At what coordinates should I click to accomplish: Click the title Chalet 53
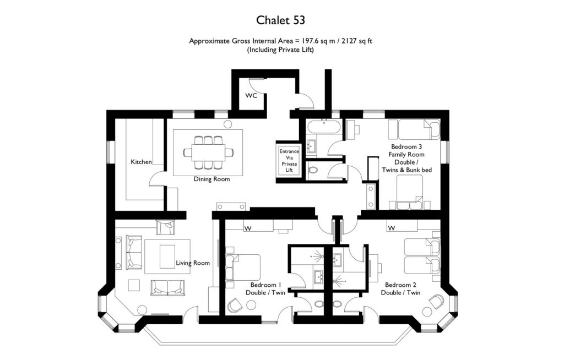click(281, 20)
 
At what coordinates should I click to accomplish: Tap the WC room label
click(251, 96)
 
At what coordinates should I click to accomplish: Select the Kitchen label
click(141, 162)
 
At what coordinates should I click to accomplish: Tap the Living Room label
click(193, 263)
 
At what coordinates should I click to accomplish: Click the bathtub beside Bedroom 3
click(323, 128)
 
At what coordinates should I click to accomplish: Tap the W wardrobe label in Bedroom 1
click(248, 227)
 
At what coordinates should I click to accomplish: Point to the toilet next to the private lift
click(313, 171)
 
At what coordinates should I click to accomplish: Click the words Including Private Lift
click(281, 50)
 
